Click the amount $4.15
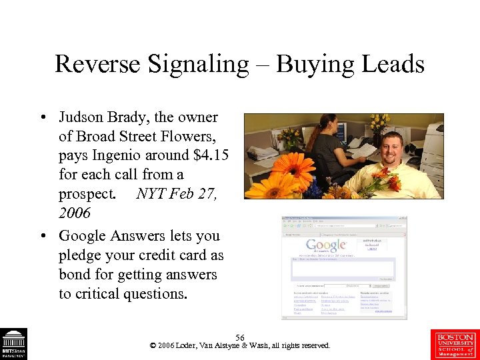click(207, 156)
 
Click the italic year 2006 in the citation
click(74, 213)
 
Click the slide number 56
click(240, 338)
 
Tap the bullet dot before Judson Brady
click(42, 118)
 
